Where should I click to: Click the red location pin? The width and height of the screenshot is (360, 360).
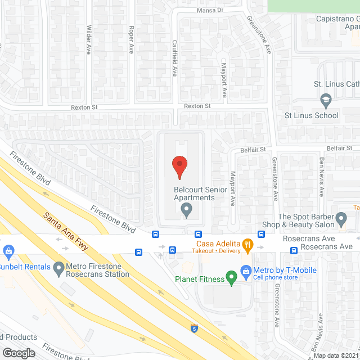tap(179, 167)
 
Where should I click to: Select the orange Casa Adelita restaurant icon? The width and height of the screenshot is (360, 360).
tap(246, 244)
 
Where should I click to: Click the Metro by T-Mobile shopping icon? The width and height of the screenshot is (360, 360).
tap(246, 271)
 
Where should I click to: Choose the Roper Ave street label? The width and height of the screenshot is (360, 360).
tap(131, 39)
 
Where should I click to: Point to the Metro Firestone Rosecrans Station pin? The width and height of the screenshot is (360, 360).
tap(58, 270)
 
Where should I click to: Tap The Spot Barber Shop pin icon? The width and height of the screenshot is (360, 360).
tap(341, 218)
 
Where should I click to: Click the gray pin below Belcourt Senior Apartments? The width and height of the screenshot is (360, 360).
tap(187, 210)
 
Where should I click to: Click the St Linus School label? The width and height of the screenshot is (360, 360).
tap(311, 116)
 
